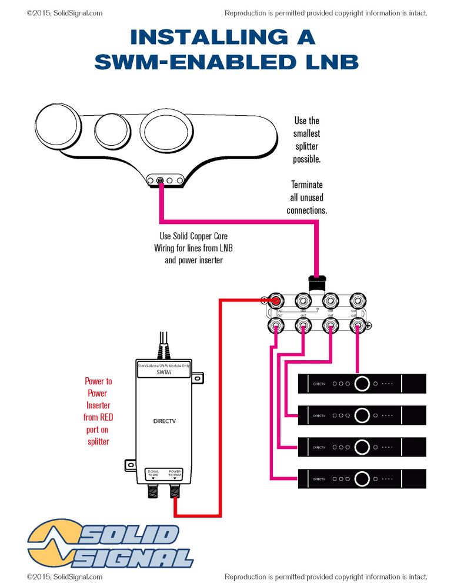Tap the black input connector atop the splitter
(318, 284)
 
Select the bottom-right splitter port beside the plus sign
(356, 325)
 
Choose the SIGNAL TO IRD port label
(153, 472)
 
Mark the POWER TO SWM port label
(175, 472)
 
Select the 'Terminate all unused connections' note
(306, 197)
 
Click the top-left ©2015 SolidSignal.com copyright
(65, 12)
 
